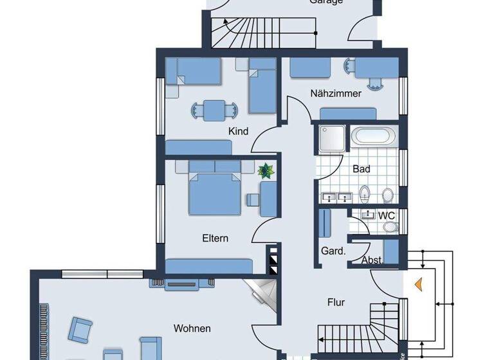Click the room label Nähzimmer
335,94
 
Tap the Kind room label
238,130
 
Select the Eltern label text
215,238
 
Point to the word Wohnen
192,328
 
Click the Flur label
336,301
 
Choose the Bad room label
361,169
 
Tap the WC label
386,215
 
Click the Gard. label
333,251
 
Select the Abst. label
372,260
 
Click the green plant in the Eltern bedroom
264,171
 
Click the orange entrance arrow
418,282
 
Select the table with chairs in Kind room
214,109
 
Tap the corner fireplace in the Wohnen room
264,293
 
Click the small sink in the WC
368,215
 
